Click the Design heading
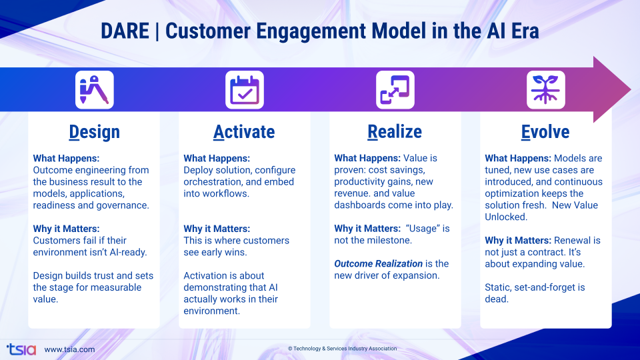94,132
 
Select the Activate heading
244,132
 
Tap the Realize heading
395,132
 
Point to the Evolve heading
545,132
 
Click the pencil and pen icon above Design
94,90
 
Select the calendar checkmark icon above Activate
245,90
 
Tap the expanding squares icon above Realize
395,90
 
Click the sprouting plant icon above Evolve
545,90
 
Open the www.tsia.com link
69,349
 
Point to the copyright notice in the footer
342,349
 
